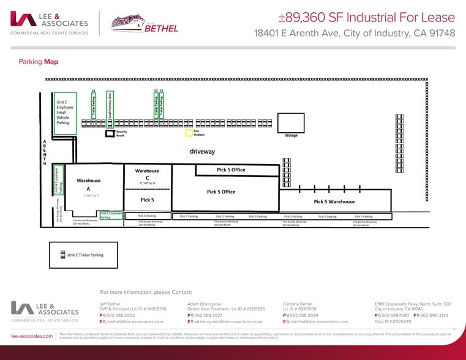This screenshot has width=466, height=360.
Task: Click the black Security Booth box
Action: [x=110, y=133]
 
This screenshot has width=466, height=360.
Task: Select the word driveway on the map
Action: [x=201, y=151]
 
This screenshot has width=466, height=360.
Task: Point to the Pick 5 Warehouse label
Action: [x=334, y=201]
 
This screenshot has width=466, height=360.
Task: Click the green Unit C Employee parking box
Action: [x=65, y=113]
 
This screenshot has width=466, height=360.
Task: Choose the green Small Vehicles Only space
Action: [x=110, y=107]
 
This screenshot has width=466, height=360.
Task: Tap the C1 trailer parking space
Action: [x=94, y=107]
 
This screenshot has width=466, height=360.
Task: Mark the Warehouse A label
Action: [x=88, y=185]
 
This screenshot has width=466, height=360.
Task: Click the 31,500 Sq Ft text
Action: [x=147, y=182]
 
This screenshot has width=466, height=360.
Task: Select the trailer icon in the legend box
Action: [x=62, y=255]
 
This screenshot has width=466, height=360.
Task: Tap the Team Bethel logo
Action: [x=145, y=23]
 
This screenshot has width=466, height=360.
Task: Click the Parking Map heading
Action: [x=39, y=62]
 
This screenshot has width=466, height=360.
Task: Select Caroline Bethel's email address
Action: [x=318, y=321]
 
